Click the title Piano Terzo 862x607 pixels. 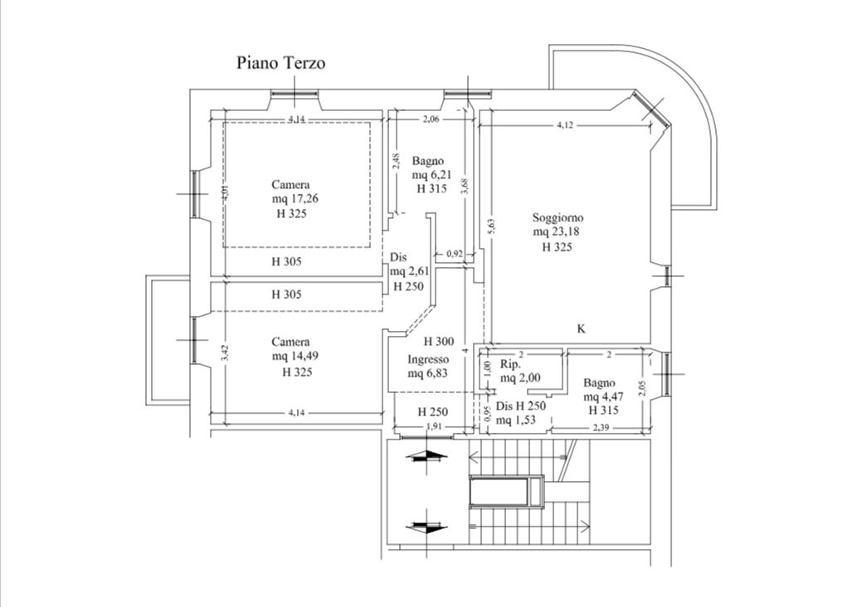point(281,63)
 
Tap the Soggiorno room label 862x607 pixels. point(557,218)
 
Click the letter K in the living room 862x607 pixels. point(582,328)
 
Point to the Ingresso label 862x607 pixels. point(428,360)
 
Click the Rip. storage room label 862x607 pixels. point(510,365)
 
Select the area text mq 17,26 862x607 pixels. point(295,199)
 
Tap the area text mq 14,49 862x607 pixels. point(295,357)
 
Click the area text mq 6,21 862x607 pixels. point(431,175)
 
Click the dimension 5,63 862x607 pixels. point(489,226)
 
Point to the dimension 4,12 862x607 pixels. point(565,125)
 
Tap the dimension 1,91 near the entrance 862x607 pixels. point(433,427)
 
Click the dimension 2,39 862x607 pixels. point(601,427)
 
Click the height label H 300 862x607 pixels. point(438,342)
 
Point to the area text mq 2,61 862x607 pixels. point(408,271)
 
